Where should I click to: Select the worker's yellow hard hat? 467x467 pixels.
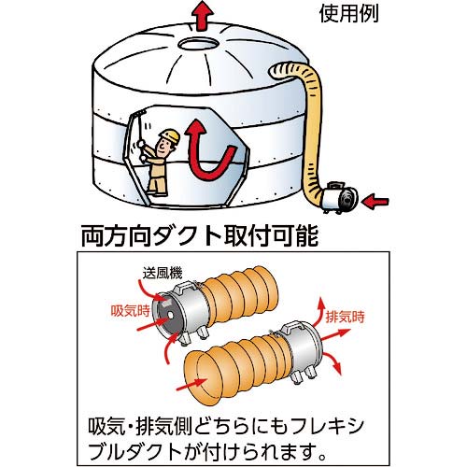click(169, 138)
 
